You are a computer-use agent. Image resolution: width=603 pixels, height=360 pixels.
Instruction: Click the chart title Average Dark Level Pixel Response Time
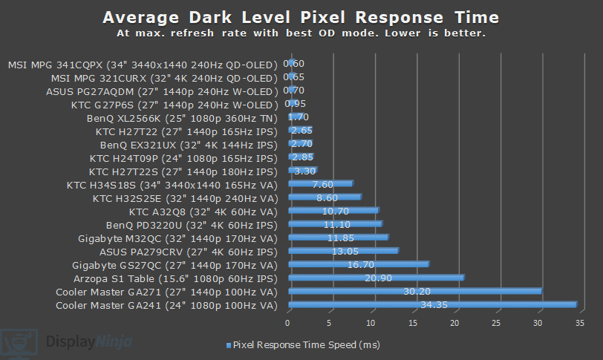[x=301, y=17]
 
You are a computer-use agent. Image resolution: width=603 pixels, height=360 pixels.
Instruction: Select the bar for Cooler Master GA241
[x=431, y=304]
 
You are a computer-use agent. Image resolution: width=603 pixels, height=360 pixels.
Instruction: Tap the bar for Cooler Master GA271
[x=414, y=291]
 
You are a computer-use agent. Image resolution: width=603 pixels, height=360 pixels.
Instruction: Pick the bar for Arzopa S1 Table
[x=375, y=278]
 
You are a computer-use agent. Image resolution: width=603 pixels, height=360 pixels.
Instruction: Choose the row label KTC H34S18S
[x=172, y=184]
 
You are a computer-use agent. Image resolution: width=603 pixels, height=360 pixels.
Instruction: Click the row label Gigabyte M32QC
[x=177, y=238]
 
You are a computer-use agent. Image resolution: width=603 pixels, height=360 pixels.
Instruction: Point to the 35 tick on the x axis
[x=581, y=322]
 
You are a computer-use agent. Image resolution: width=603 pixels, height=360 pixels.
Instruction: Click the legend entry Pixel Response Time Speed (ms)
[x=300, y=345]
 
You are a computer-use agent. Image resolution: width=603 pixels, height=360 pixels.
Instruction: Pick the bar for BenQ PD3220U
[x=335, y=224]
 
